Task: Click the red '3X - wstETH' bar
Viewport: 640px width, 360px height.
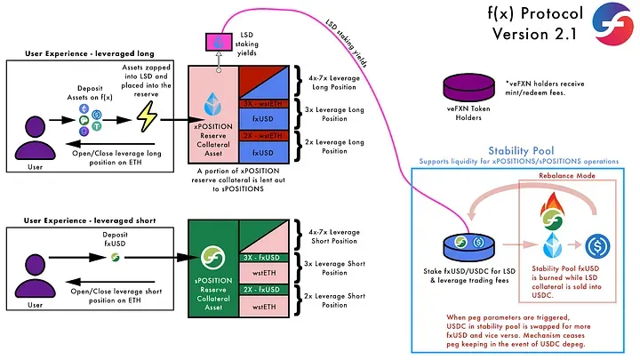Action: coord(265,103)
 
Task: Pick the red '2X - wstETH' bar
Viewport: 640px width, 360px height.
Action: coord(265,136)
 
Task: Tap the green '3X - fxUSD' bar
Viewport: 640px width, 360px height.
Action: coord(265,257)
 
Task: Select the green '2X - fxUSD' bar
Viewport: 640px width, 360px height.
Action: coord(265,289)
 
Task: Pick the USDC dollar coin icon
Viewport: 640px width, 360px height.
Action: coord(597,243)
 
